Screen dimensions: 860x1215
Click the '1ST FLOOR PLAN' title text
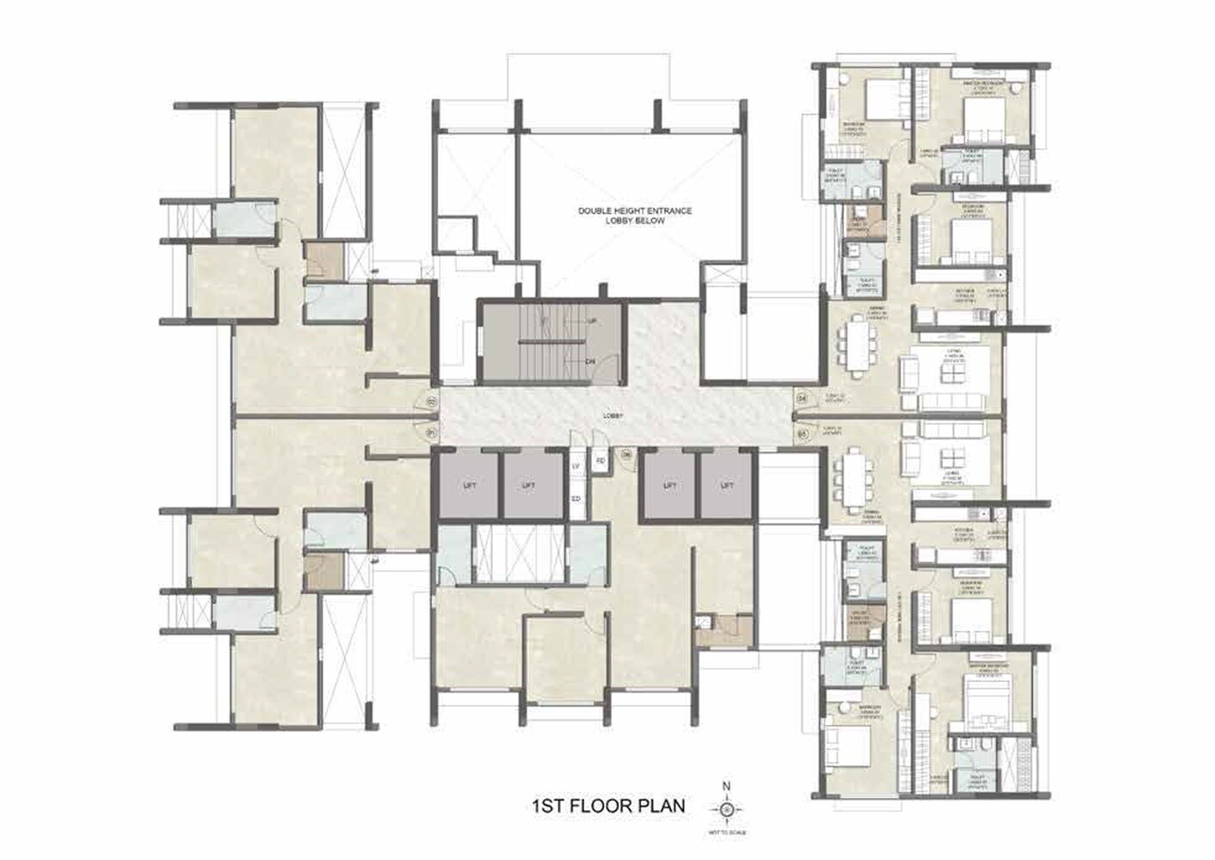609,807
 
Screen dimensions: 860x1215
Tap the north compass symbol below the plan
727,808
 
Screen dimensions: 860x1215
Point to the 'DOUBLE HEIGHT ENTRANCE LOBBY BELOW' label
634,216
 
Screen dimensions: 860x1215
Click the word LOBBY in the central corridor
613,416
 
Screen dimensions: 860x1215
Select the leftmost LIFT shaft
469,486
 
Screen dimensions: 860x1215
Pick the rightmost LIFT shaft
727,486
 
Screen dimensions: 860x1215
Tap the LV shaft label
577,466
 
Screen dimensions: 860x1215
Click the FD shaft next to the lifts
601,461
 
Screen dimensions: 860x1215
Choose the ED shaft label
577,499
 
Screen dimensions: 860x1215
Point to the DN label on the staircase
590,361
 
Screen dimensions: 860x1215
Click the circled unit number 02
432,400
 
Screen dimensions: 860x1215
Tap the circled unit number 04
802,398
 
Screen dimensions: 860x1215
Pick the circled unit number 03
802,434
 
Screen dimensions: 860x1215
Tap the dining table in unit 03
854,476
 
